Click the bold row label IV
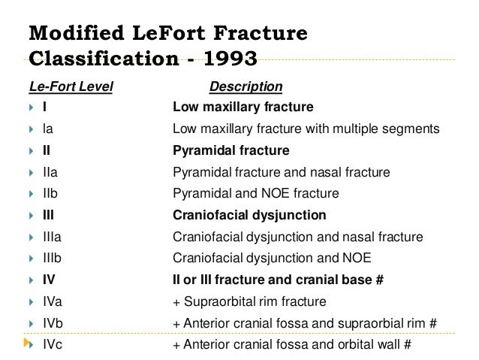pos(49,280)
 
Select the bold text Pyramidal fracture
pos(230,150)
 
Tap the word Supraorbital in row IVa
pos(221,302)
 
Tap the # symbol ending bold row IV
pos(380,280)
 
